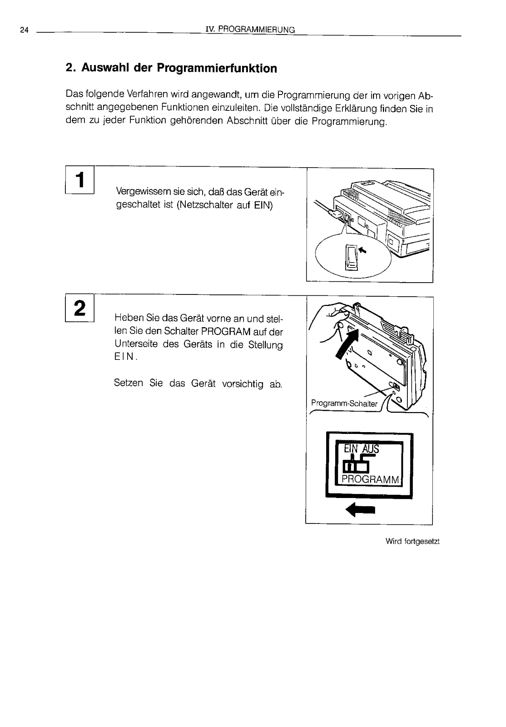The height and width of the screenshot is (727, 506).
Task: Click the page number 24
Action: (x=24, y=30)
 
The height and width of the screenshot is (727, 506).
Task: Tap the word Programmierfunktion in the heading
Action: (x=216, y=68)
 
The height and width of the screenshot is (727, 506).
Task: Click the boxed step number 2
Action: (x=79, y=309)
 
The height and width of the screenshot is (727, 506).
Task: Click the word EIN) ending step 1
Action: (x=263, y=205)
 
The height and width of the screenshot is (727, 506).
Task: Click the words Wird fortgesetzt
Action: (x=412, y=541)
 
